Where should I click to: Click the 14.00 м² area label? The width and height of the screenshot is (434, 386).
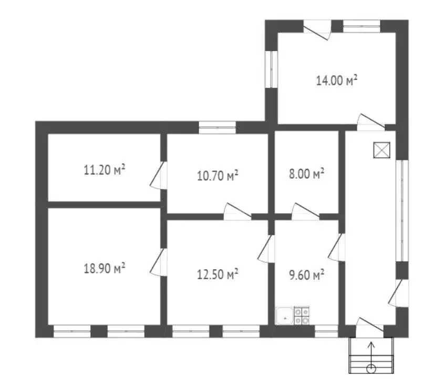337,80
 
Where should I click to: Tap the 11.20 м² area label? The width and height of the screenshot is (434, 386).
105,169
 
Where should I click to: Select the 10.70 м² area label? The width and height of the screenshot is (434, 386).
218,176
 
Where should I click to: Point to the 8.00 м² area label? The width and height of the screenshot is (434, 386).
307,174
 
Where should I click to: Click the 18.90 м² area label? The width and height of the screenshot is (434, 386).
105,268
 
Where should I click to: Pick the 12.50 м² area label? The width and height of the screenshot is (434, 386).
218,274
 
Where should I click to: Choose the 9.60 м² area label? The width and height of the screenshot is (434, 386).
307,275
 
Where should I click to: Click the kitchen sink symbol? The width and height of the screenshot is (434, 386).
285,316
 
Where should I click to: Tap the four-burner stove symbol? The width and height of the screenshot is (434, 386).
302,316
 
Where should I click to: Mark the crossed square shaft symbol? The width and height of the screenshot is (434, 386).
381,150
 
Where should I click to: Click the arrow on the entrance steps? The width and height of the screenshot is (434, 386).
371,354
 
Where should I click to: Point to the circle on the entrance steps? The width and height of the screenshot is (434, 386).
371,369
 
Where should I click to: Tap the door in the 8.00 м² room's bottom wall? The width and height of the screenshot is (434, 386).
306,212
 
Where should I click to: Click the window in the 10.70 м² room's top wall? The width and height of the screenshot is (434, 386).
218,127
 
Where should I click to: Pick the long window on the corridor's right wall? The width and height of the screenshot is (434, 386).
402,210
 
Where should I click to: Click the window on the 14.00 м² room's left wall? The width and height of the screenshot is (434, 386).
271,69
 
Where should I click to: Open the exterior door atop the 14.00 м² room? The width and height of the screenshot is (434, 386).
317,30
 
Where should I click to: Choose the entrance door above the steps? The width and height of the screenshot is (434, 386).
370,328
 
